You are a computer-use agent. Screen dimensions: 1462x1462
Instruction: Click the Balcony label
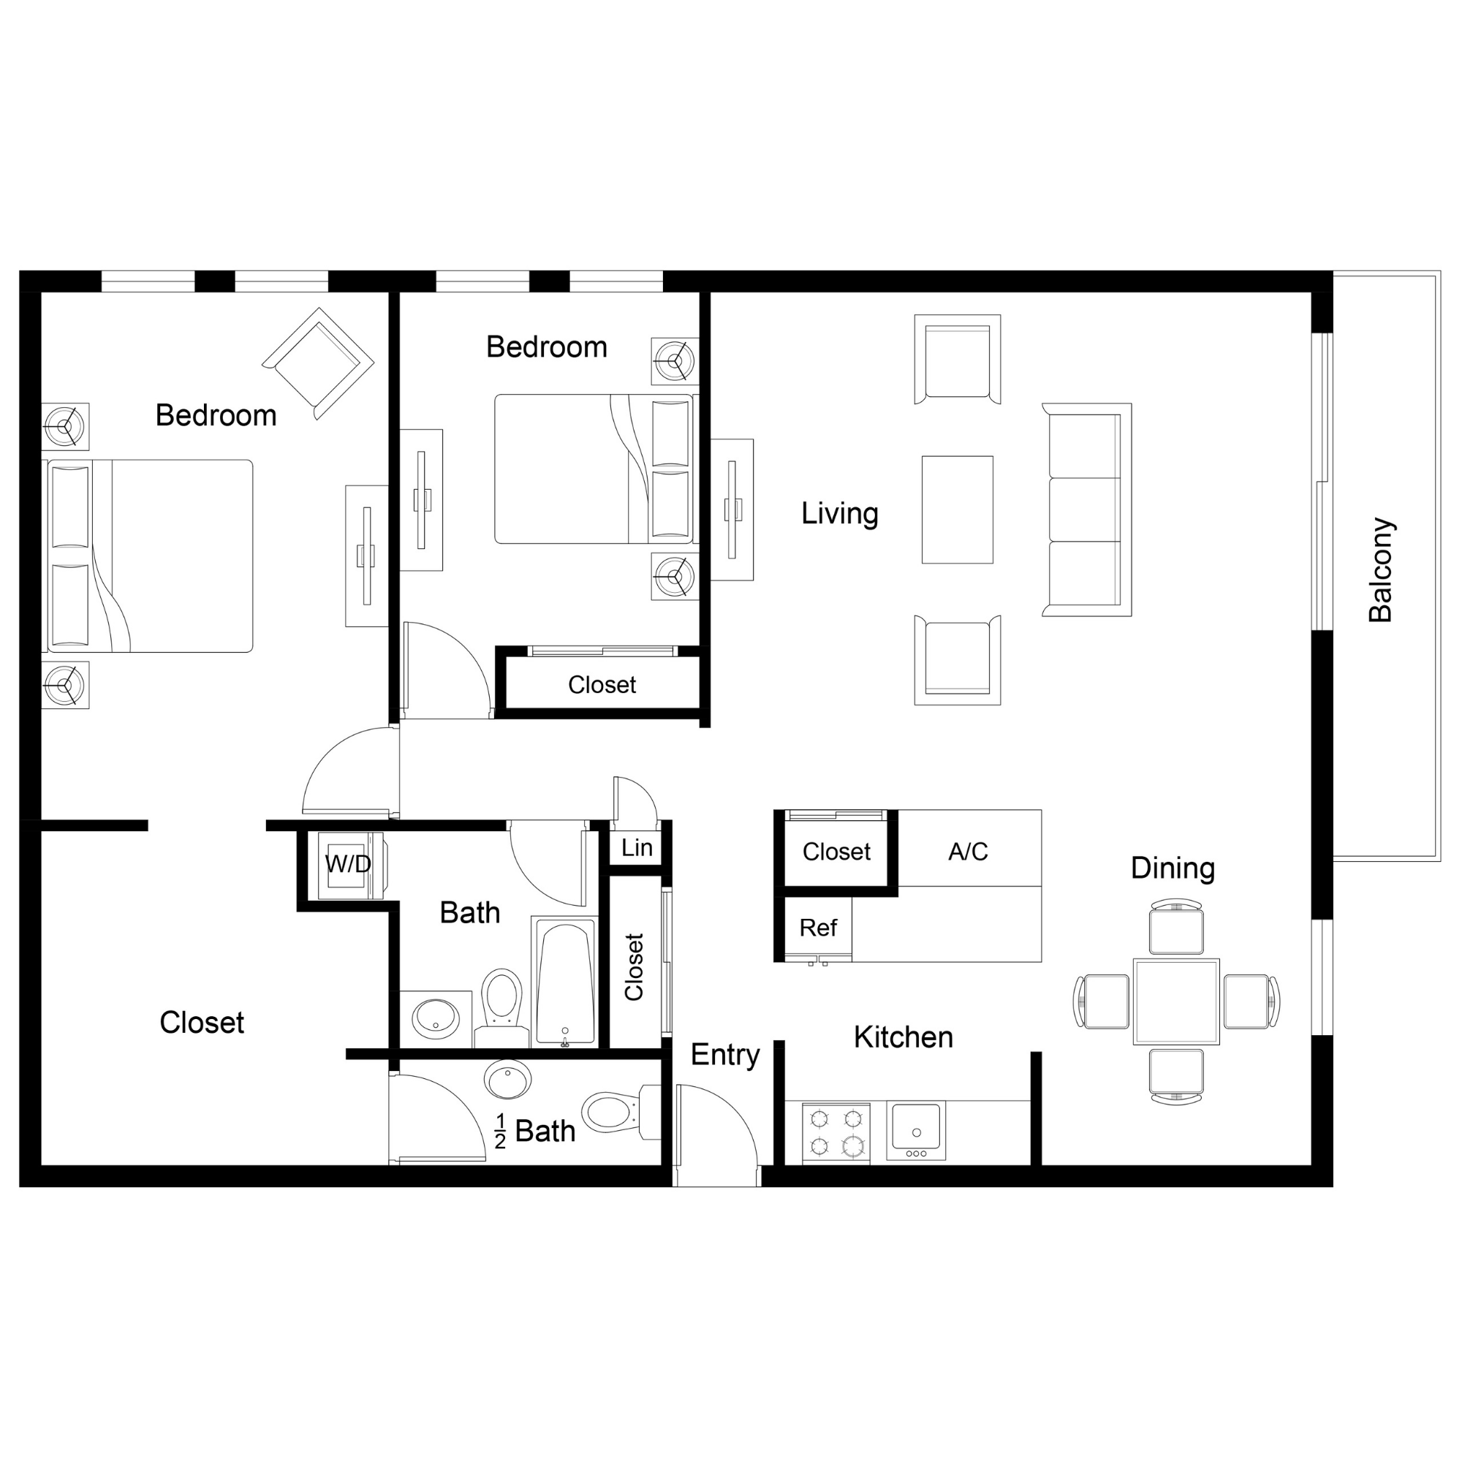point(1380,570)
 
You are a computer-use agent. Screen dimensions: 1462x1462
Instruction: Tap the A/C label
point(968,852)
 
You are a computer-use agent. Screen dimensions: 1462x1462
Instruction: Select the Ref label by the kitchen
point(818,928)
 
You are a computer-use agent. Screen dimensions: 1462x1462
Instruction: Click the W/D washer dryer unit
point(349,864)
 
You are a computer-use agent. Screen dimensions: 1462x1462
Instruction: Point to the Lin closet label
point(637,848)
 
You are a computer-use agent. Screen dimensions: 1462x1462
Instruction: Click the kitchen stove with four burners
point(836,1132)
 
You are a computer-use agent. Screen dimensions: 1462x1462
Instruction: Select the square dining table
point(1175,1001)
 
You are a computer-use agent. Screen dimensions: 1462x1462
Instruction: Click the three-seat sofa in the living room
point(1087,510)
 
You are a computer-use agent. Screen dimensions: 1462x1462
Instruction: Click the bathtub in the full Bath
point(564,982)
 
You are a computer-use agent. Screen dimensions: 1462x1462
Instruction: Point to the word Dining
point(1173,868)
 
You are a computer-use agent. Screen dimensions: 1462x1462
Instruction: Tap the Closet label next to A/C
point(836,852)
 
